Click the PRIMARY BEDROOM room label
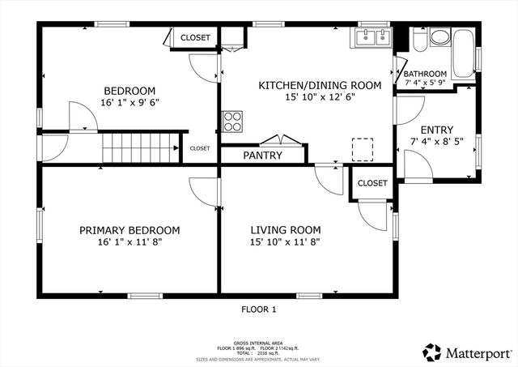tap(129, 230)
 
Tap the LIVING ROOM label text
tap(285, 230)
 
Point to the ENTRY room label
tap(437, 130)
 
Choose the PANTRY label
tap(262, 156)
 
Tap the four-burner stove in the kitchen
tap(233, 121)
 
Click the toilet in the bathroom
tap(418, 40)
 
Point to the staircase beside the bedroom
tap(138, 150)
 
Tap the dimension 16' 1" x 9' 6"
tap(129, 103)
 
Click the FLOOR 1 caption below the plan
tap(259, 309)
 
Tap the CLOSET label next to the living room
tap(372, 183)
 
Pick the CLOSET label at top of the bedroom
tap(195, 37)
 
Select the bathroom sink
tap(440, 37)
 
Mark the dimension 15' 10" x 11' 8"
tap(285, 242)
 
